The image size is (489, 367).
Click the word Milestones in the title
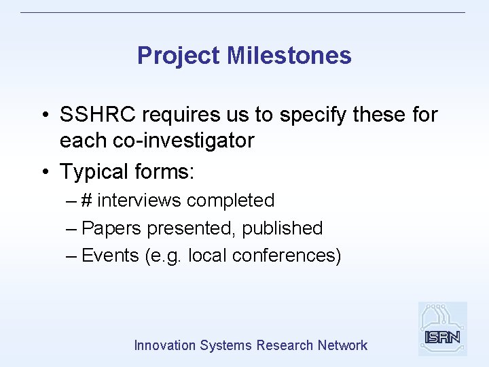289,56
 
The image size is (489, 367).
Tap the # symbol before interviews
88,200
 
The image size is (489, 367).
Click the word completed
230,200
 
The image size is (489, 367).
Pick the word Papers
109,228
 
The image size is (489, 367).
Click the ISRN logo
442,329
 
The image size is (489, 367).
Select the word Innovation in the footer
165,345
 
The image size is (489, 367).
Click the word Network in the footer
342,345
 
